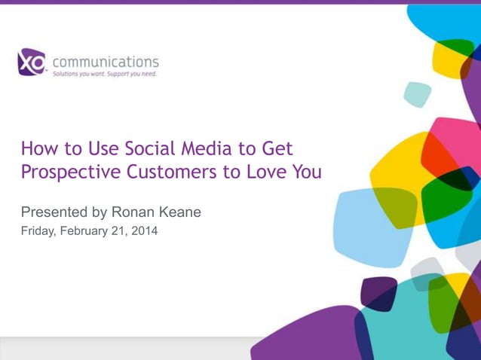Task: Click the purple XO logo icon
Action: tap(31, 63)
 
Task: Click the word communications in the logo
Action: tap(105, 61)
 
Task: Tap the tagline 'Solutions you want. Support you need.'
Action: tap(104, 75)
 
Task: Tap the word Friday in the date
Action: tap(38, 231)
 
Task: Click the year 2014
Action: tap(144, 231)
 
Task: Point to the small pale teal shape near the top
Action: tap(417, 94)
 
